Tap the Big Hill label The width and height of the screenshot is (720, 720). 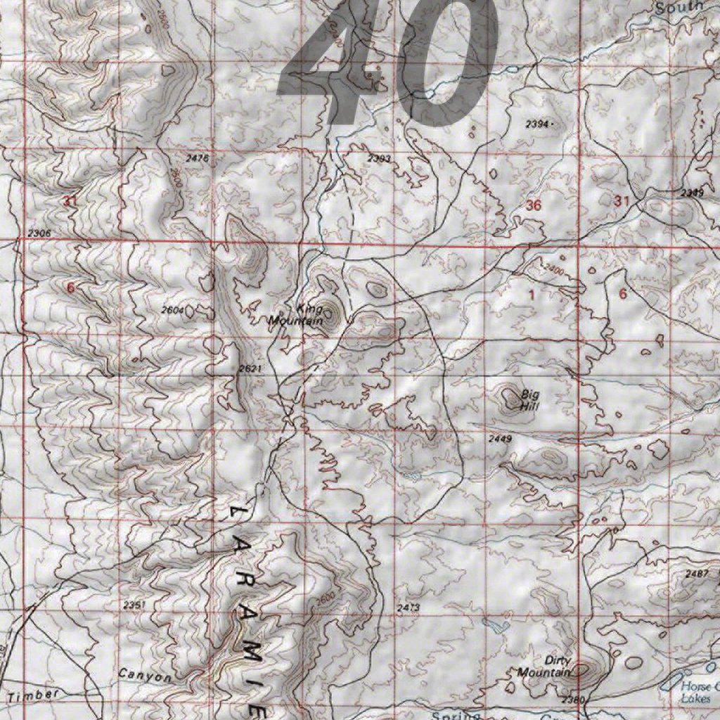pyautogui.click(x=529, y=400)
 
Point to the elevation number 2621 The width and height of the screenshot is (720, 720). pyautogui.click(x=250, y=368)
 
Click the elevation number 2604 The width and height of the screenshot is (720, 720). pyautogui.click(x=172, y=309)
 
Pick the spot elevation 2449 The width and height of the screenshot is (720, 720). pyautogui.click(x=501, y=439)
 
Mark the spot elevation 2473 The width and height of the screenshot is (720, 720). pyautogui.click(x=409, y=607)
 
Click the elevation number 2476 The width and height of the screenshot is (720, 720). pyautogui.click(x=198, y=159)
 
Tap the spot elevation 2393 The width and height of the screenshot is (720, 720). pyautogui.click(x=378, y=159)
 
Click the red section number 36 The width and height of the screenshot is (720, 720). pyautogui.click(x=534, y=205)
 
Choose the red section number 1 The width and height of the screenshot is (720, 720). pyautogui.click(x=532, y=295)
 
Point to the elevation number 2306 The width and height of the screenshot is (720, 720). pyautogui.click(x=39, y=233)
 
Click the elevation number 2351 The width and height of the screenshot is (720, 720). pyautogui.click(x=134, y=605)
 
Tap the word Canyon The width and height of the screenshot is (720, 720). pyautogui.click(x=144, y=676)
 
